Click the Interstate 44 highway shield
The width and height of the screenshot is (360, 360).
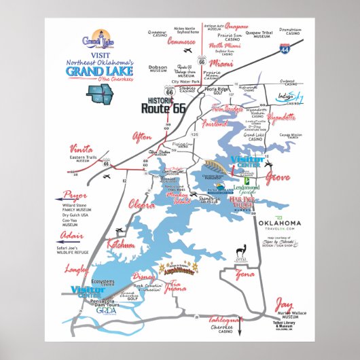tap(283, 48)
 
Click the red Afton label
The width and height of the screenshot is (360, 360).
tap(143, 137)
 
